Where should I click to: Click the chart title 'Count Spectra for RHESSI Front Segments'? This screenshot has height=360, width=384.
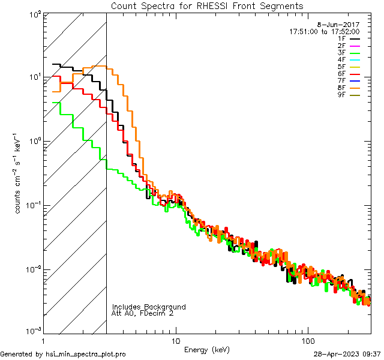click(x=207, y=6)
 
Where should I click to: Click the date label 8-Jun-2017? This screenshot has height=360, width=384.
click(x=343, y=24)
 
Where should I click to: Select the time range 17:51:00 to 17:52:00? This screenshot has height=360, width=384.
click(x=325, y=31)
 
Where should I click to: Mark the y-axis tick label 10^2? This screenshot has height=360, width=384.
click(x=34, y=14)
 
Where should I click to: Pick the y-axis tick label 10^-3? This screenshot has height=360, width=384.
click(x=32, y=332)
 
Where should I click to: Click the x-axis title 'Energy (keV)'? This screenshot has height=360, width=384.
click(x=206, y=349)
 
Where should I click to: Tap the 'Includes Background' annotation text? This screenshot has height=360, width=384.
click(x=149, y=307)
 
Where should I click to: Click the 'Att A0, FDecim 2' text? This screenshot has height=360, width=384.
click(x=143, y=313)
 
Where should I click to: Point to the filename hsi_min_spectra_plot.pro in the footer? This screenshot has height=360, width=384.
click(x=86, y=354)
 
